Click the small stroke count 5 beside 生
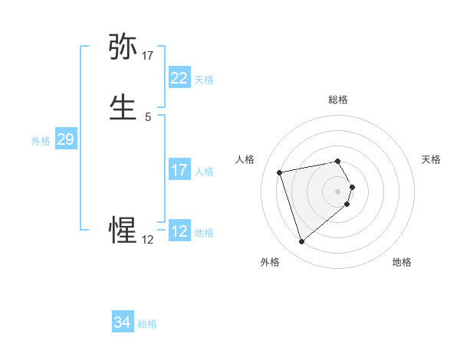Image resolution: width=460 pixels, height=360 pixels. (x=148, y=117)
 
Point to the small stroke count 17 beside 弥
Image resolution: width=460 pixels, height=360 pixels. (x=148, y=56)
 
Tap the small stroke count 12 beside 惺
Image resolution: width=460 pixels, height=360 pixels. (x=148, y=240)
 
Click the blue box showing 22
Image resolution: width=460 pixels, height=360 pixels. (x=179, y=78)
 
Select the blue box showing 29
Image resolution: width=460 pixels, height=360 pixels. (x=65, y=139)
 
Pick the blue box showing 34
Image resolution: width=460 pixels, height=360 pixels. (x=122, y=323)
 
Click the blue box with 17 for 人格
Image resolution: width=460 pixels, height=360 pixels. (x=179, y=170)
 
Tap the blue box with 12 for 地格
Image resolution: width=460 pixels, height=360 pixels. (x=179, y=231)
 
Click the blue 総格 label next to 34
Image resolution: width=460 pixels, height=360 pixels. (x=147, y=324)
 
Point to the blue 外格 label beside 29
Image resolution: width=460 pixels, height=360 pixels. (x=41, y=141)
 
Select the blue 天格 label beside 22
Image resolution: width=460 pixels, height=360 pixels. (x=204, y=80)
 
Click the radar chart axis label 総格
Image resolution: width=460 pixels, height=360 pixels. (x=338, y=100)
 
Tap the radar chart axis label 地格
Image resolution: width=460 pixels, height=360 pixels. (x=402, y=263)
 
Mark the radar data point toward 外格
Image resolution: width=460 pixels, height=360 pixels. (x=301, y=241)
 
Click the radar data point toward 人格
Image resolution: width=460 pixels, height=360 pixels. (x=280, y=172)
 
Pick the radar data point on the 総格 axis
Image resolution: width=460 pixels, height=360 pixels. (x=338, y=161)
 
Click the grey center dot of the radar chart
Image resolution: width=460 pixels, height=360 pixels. (x=338, y=191)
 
